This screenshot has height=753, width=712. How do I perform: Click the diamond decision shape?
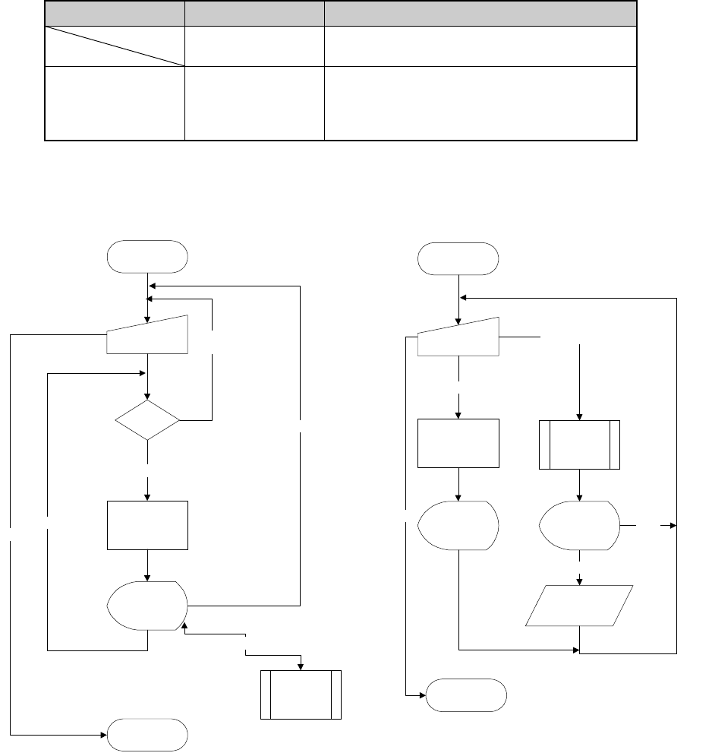(147, 419)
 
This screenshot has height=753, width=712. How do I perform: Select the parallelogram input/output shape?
(580, 606)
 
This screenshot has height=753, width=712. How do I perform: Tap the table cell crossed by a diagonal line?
(115, 46)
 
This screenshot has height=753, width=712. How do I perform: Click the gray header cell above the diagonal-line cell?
(115, 13)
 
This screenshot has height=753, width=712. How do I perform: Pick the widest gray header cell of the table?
(480, 13)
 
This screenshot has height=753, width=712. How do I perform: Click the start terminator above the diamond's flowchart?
(147, 256)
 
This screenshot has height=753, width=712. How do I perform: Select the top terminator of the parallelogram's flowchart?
(458, 259)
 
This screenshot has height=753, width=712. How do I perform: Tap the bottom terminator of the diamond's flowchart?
(147, 735)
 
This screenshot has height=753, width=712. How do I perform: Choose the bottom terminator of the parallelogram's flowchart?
(466, 694)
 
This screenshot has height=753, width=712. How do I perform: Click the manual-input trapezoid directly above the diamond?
(147, 334)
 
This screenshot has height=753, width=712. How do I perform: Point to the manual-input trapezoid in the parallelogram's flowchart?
(458, 337)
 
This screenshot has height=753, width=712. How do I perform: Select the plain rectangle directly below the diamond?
(147, 525)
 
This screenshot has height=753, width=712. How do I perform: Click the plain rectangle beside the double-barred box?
(458, 443)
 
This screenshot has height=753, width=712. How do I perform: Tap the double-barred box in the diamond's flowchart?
(301, 694)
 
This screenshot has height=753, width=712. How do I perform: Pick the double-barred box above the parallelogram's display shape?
(580, 444)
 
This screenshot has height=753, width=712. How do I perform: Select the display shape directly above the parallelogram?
(578, 525)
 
